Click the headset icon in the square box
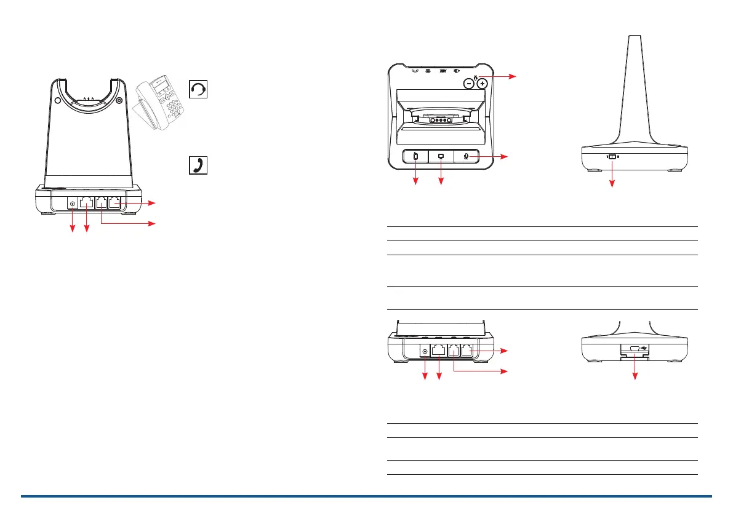(199, 90)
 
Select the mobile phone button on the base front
(415, 157)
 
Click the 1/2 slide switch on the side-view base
(612, 157)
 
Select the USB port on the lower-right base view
(634, 348)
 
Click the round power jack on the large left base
(73, 204)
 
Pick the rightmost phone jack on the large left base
(114, 202)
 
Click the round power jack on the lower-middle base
(424, 351)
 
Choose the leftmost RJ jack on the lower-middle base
(439, 351)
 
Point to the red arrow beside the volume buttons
(505, 77)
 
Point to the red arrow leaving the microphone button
(492, 157)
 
